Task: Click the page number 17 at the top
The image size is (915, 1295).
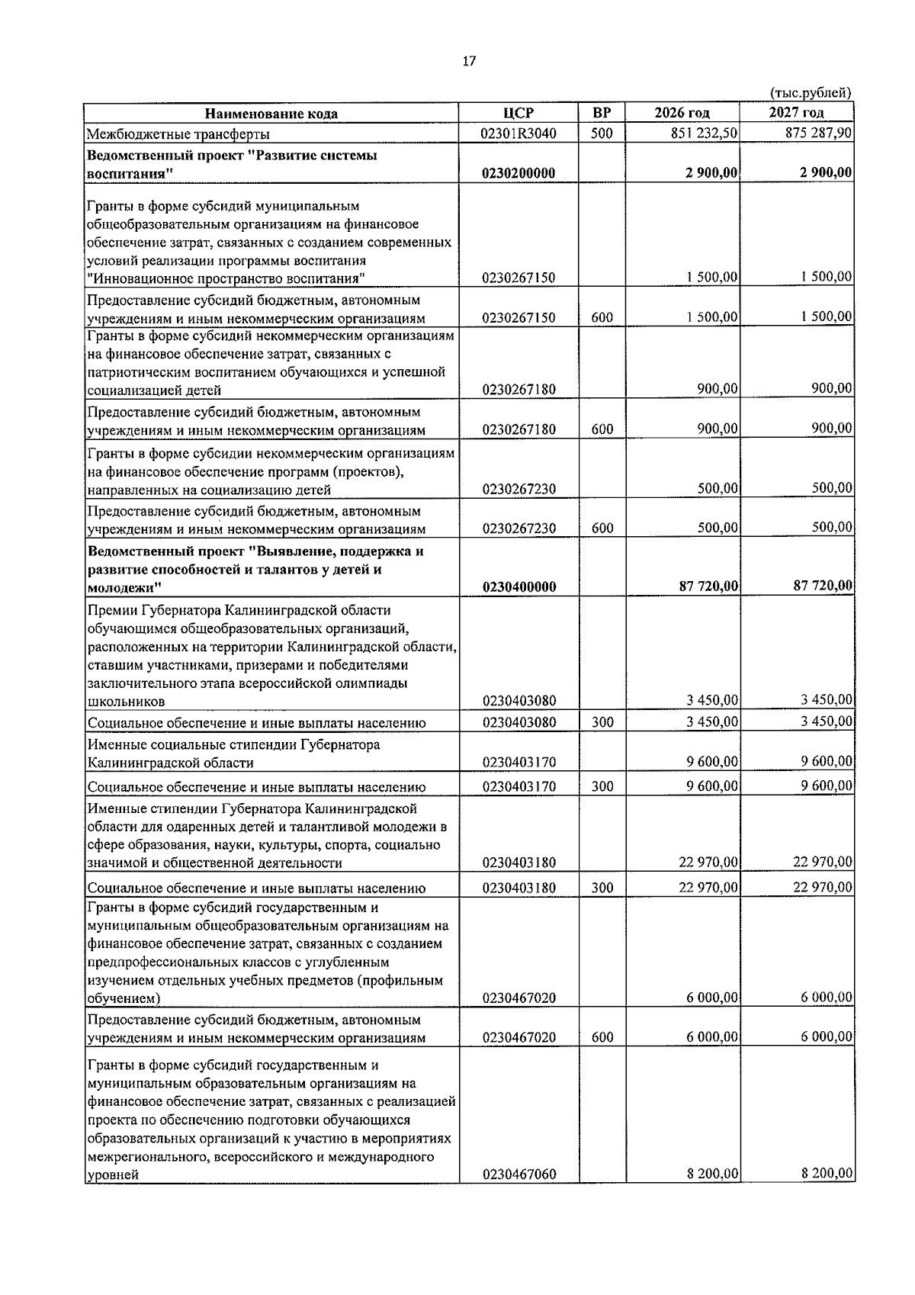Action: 469,62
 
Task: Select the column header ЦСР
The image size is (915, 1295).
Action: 518,114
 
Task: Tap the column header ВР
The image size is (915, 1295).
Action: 602,114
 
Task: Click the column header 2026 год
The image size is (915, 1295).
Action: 682,114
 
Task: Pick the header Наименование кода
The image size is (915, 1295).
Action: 271,114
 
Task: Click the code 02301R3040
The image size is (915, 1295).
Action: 518,133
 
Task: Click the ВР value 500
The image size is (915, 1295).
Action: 602,133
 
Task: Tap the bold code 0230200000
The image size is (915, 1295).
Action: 518,174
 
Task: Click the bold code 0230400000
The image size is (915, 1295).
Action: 518,587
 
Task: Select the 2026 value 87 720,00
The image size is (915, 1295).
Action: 708,586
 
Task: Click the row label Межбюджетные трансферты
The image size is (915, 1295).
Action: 178,135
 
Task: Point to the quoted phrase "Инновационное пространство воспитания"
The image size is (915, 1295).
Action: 226,278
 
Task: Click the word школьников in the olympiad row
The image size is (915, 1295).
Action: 126,701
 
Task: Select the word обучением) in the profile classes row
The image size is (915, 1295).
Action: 124,998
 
